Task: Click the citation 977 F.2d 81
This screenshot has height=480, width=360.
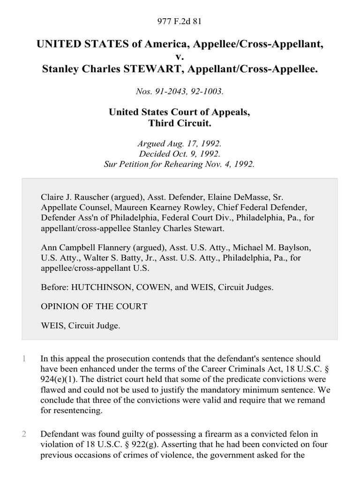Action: click(x=180, y=21)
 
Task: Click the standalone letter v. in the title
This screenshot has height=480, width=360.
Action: click(x=180, y=57)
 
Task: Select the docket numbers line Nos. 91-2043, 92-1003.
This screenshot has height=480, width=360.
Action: click(x=180, y=92)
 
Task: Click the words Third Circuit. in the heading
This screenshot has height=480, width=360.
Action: click(x=180, y=123)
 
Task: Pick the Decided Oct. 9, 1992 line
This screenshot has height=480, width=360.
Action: click(x=180, y=154)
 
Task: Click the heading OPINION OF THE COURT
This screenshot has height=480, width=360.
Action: click(x=94, y=306)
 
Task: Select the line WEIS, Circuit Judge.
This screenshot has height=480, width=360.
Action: click(x=80, y=326)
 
